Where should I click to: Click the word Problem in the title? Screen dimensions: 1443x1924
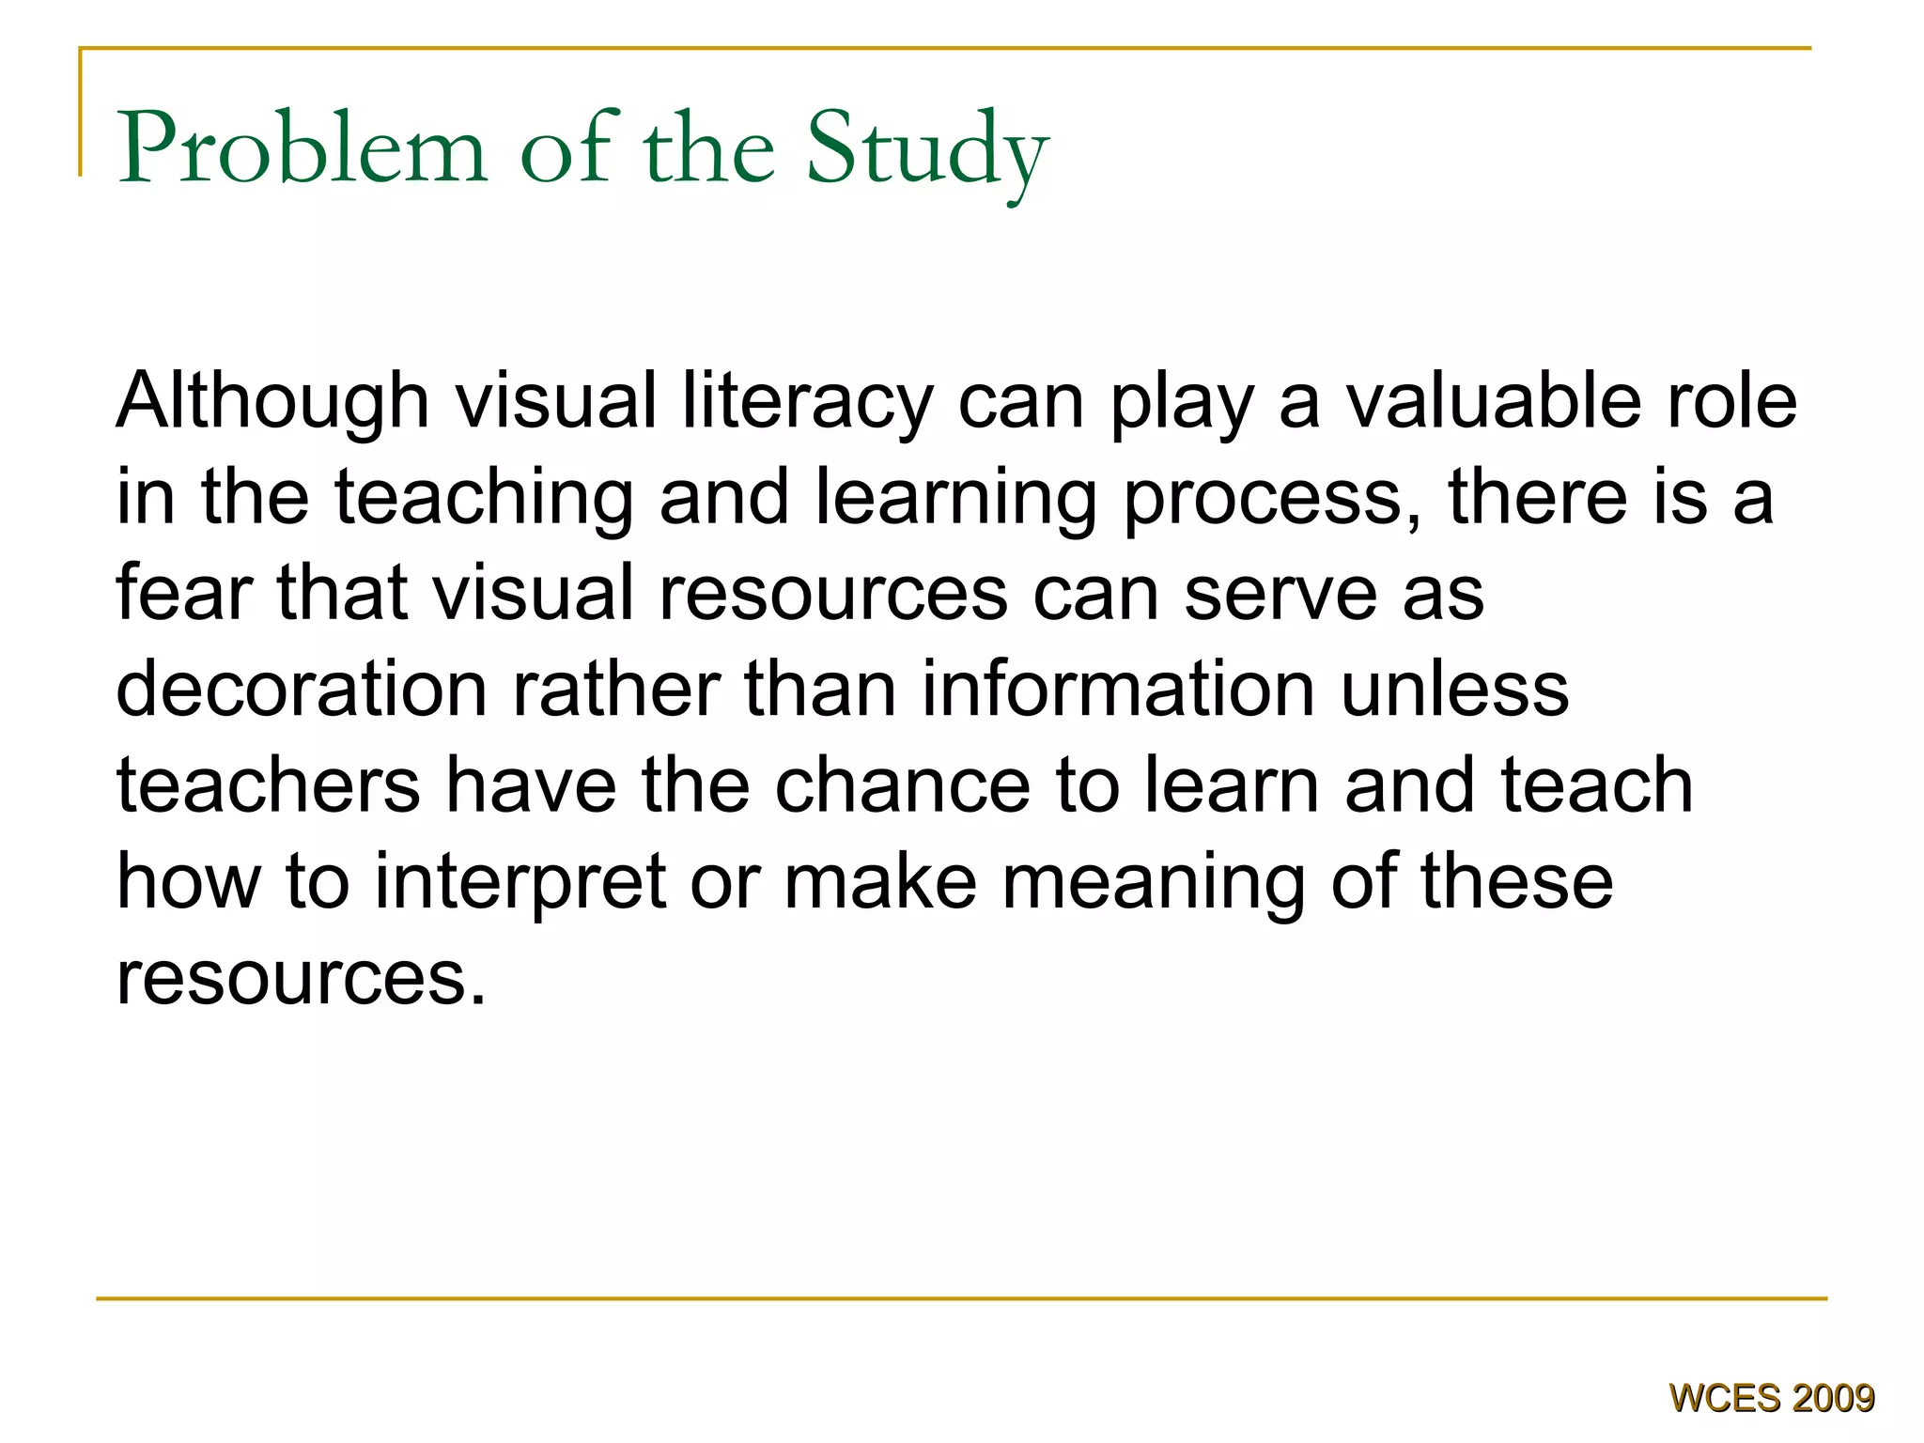(303, 148)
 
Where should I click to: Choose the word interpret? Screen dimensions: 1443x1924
(520, 883)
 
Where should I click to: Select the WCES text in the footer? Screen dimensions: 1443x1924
(1725, 1399)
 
